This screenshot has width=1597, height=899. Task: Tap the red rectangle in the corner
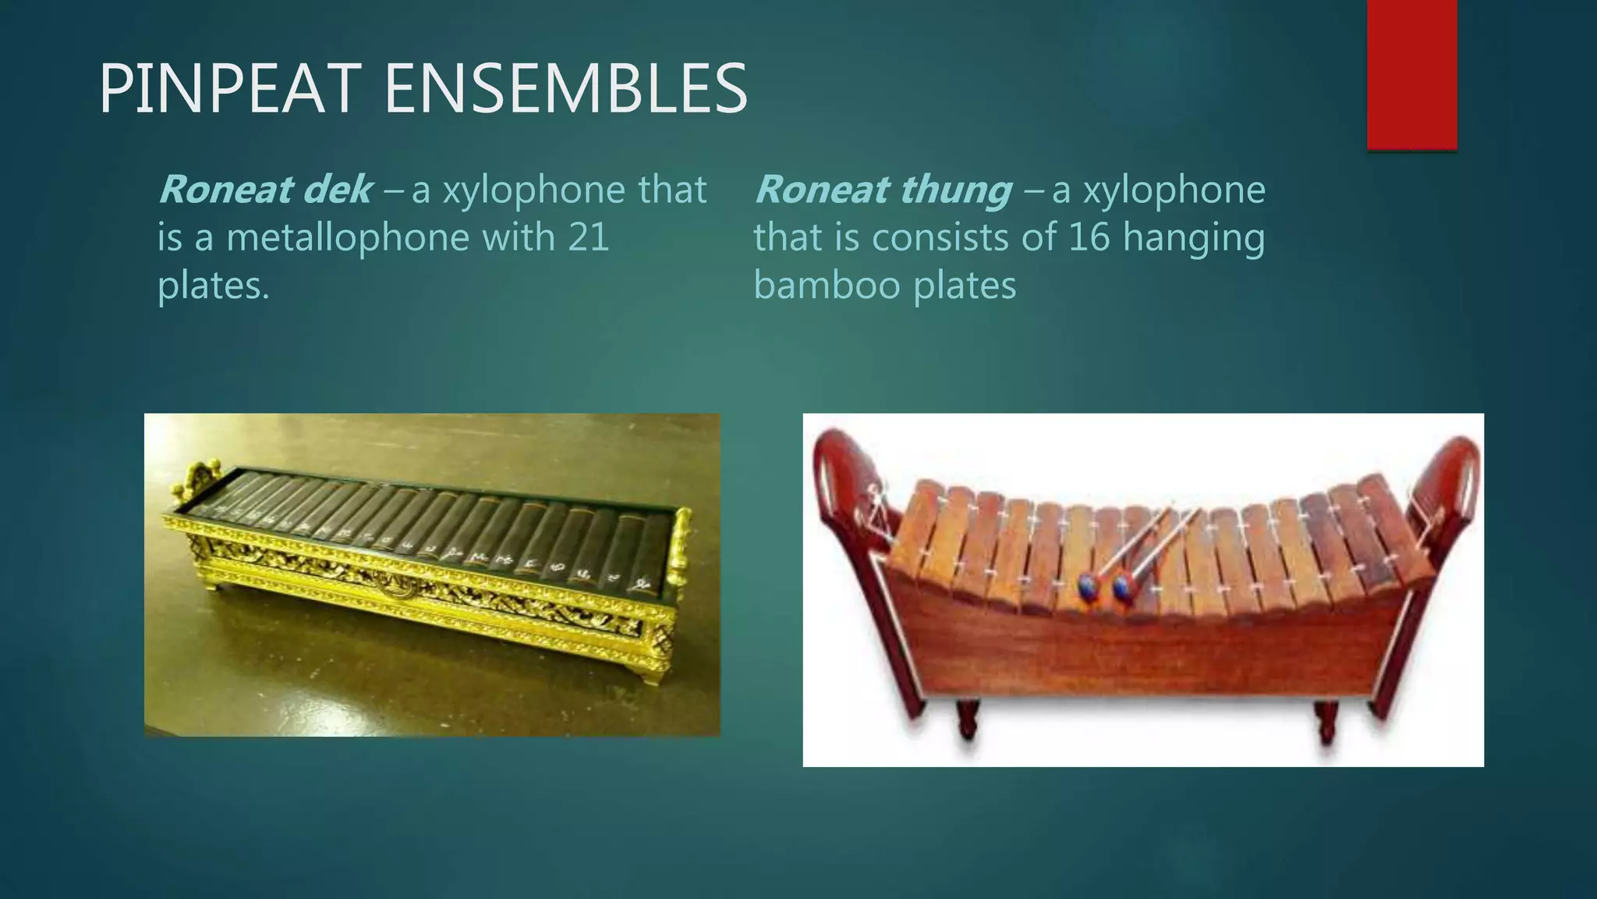click(1411, 74)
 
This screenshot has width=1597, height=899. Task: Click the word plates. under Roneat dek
click(213, 286)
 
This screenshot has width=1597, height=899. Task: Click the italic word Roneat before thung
click(820, 190)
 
